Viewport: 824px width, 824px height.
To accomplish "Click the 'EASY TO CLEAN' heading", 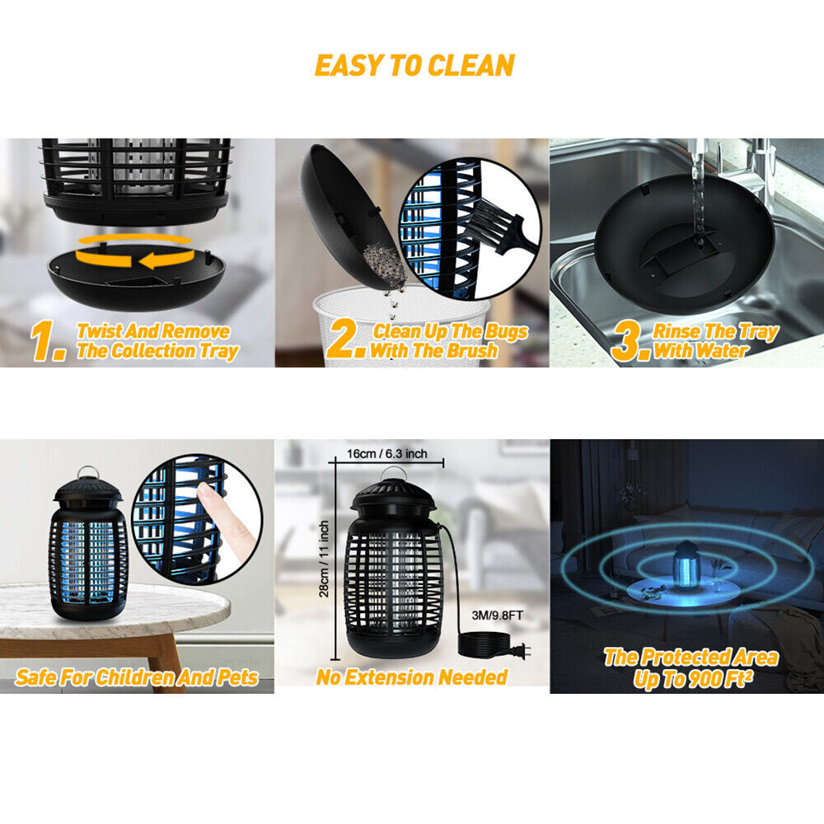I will (414, 65).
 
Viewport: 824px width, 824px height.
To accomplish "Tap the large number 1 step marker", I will (48, 342).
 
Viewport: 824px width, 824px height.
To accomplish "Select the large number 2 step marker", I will (344, 341).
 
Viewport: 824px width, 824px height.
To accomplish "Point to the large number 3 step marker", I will (629, 341).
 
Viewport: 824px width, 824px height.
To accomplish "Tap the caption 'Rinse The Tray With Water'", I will (713, 341).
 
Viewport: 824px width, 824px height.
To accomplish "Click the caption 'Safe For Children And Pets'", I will (137, 678).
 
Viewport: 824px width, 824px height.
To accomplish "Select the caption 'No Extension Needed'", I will (412, 677).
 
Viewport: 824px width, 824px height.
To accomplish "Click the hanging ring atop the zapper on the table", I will (87, 475).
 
